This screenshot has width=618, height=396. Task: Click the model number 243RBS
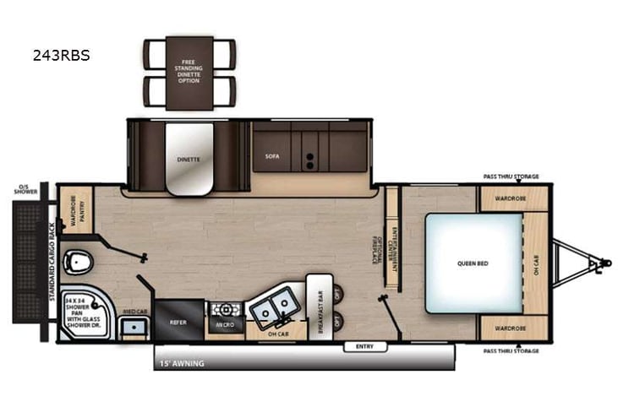point(61,57)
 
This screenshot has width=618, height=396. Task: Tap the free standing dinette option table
point(189,73)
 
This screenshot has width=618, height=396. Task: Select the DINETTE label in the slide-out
point(189,158)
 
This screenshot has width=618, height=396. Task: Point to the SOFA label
point(271,157)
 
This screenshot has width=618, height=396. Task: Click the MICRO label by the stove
point(225,323)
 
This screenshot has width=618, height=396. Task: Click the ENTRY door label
point(364,346)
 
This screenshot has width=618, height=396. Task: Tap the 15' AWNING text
point(181,364)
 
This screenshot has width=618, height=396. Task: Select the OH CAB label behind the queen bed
point(536,263)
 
